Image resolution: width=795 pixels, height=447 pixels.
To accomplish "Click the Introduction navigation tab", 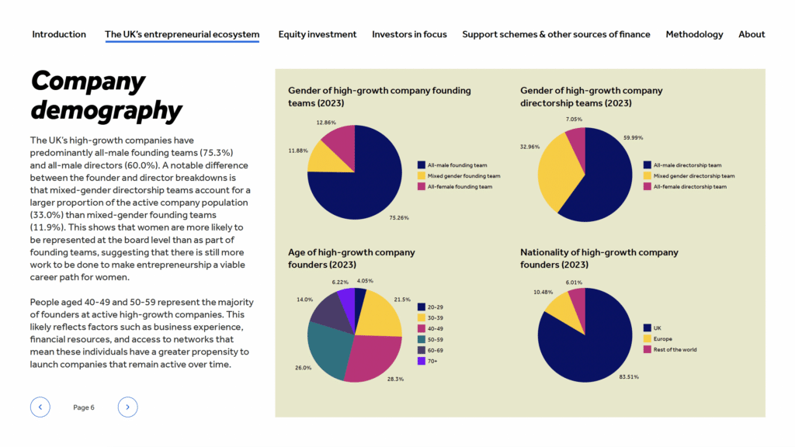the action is (x=59, y=34).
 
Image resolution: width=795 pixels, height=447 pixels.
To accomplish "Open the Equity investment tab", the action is (x=318, y=34).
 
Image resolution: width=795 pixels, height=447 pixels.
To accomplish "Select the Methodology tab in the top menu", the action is (x=694, y=34).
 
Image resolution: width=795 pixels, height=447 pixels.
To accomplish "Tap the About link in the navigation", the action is (x=752, y=34).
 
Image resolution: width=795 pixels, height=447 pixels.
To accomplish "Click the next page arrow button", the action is (x=128, y=407).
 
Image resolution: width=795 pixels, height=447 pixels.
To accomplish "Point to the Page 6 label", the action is (x=84, y=407).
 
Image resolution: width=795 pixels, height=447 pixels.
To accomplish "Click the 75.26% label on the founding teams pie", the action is (x=399, y=218).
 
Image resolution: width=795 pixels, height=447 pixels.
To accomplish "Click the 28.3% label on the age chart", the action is (x=395, y=379).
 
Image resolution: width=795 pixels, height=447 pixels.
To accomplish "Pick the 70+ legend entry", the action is (x=428, y=362).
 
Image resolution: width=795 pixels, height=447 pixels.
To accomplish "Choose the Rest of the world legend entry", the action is (x=670, y=350).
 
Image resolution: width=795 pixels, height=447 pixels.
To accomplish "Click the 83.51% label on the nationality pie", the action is (x=629, y=377).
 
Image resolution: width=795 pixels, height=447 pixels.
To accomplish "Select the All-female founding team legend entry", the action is (x=455, y=187).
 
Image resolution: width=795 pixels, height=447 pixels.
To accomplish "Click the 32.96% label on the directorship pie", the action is (x=529, y=147).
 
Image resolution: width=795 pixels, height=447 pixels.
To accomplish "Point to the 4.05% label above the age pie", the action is (x=365, y=281).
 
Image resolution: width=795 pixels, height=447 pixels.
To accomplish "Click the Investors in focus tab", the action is (x=409, y=34).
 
